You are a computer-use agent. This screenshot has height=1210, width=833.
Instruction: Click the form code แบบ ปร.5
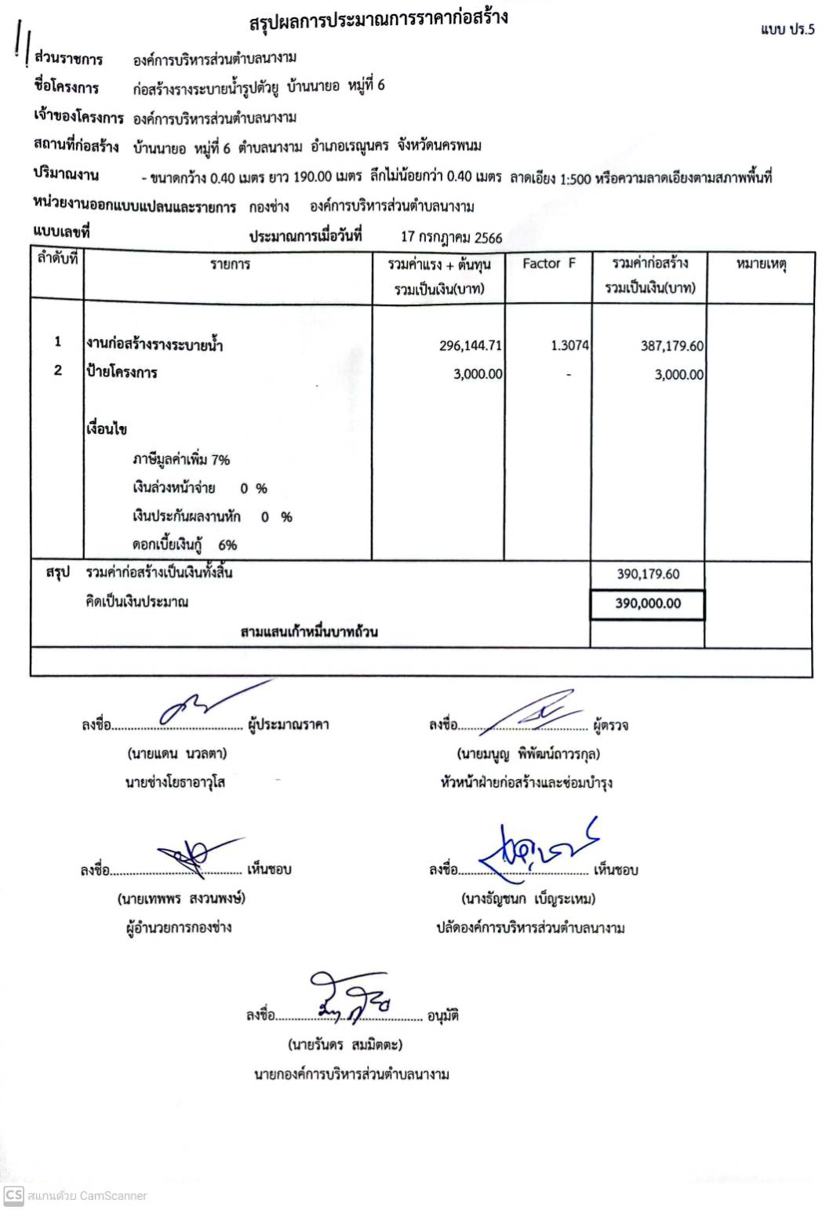tap(787, 30)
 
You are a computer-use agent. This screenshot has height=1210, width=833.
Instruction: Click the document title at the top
tap(378, 20)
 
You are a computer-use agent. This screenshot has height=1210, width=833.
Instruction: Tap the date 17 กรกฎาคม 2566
tap(451, 237)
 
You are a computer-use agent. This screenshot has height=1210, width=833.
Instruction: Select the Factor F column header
tap(548, 264)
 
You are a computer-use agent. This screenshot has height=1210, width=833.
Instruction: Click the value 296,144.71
tap(470, 346)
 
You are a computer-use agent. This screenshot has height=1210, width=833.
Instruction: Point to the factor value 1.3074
tap(569, 346)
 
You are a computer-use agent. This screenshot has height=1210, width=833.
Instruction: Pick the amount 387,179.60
tap(671, 346)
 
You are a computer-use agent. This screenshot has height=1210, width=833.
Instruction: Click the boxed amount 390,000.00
tap(648, 603)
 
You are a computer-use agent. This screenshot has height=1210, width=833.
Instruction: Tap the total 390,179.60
tap(648, 574)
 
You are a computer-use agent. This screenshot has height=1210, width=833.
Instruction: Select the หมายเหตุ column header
tap(760, 264)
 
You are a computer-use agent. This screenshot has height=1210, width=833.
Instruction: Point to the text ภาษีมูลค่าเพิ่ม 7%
tap(180, 460)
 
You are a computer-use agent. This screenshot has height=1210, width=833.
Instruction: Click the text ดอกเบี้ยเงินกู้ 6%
tap(184, 545)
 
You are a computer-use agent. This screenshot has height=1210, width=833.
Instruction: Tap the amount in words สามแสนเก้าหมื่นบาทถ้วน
tap(309, 632)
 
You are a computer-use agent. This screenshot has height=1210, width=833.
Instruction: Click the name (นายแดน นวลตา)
tap(176, 754)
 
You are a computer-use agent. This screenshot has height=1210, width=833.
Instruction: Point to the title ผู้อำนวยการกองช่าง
tap(179, 928)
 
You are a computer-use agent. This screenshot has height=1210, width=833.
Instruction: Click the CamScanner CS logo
tap(13, 1195)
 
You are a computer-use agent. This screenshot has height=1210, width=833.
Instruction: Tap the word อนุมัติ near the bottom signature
tap(442, 1016)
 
